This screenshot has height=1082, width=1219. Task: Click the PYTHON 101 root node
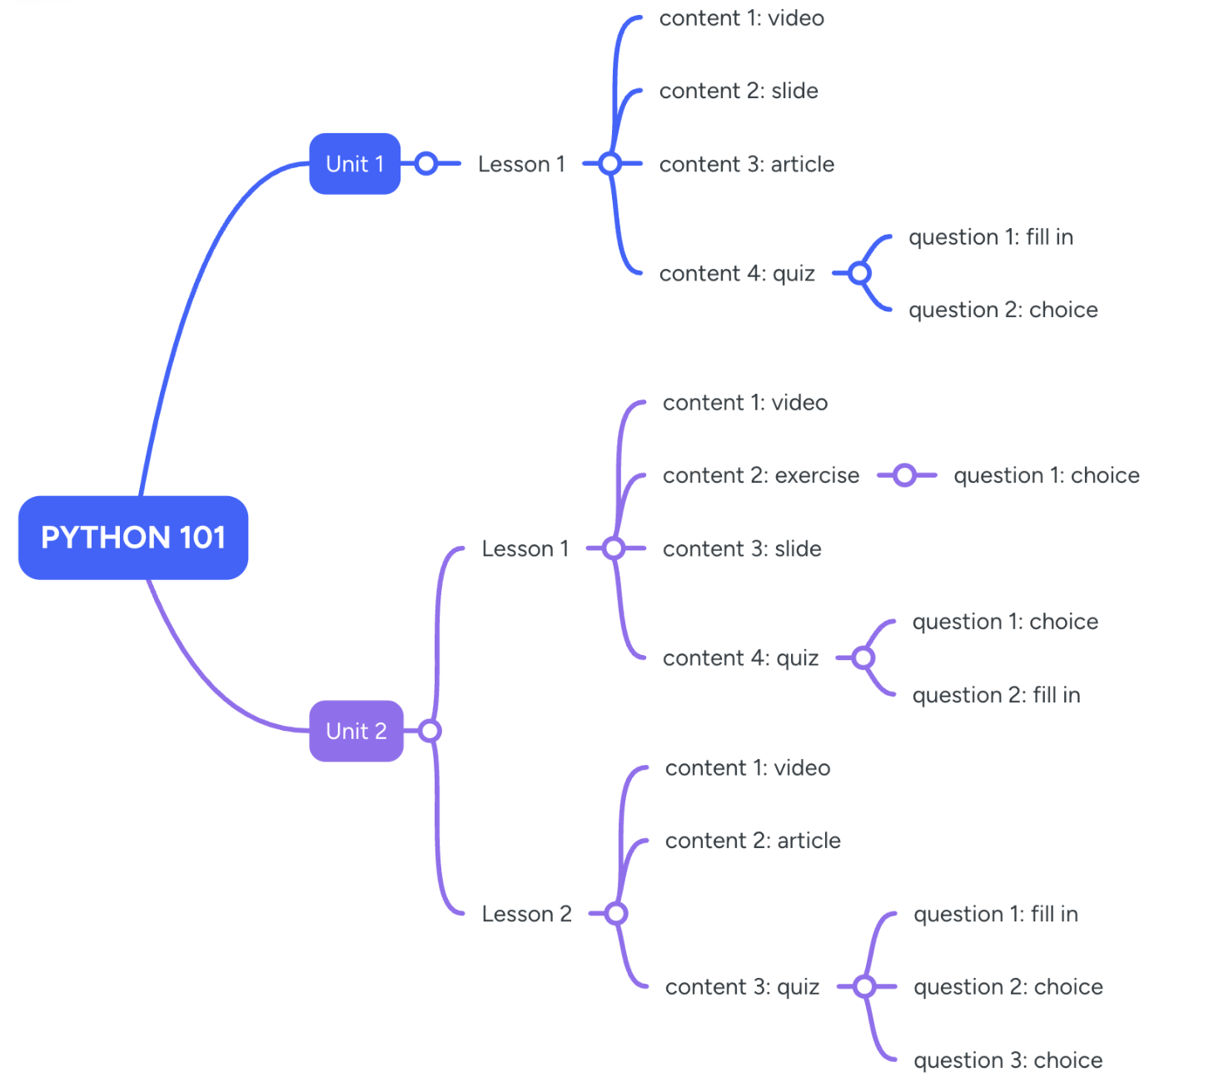click(133, 538)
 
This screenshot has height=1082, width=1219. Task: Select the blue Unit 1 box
click(355, 164)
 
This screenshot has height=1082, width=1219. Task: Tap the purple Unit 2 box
click(356, 731)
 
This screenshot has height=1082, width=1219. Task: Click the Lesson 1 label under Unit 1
click(521, 164)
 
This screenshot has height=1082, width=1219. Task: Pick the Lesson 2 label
click(526, 914)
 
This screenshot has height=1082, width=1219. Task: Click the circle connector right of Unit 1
click(426, 164)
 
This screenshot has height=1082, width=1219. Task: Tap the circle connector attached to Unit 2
click(430, 731)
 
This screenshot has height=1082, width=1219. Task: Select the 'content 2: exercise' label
click(760, 475)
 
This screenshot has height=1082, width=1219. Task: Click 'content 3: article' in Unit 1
click(746, 164)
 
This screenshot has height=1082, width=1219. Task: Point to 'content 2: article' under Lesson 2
click(753, 841)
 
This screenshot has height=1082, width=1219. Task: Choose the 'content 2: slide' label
click(739, 91)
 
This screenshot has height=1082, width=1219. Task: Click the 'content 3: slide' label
click(742, 548)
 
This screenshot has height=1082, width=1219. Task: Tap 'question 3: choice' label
click(1008, 1060)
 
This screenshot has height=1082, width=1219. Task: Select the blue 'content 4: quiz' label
click(737, 274)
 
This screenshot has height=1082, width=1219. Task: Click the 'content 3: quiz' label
click(742, 987)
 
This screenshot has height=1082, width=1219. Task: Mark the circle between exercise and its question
click(905, 475)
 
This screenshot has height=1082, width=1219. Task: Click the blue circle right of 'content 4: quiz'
click(860, 273)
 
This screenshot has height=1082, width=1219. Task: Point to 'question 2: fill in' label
click(996, 695)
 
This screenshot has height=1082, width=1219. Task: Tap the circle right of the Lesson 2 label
click(616, 914)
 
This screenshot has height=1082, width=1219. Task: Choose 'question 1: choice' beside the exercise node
click(1047, 475)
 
